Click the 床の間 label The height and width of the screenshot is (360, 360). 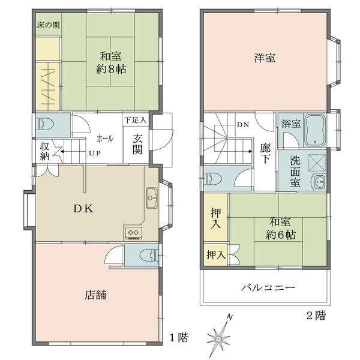click(x=48, y=25)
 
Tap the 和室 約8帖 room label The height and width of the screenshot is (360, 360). click(x=111, y=62)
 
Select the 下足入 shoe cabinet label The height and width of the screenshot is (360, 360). click(x=136, y=120)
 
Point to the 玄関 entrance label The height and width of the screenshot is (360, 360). click(x=137, y=144)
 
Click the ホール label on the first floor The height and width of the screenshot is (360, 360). click(x=105, y=139)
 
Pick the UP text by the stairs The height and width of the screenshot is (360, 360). click(x=95, y=153)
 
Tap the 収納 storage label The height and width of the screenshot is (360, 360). click(x=45, y=151)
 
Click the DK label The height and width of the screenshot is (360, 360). click(x=83, y=208)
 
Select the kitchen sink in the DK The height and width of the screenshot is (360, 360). click(x=152, y=198)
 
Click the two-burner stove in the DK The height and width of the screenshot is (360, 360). click(x=133, y=232)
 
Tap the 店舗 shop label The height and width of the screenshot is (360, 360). click(x=95, y=295)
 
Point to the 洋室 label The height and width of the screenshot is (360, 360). click(x=265, y=58)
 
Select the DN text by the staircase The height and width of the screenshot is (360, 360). click(x=243, y=125)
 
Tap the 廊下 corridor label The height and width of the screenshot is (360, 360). click(x=265, y=154)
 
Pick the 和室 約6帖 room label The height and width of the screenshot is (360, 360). click(x=281, y=228)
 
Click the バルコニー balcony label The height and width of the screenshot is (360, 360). click(x=268, y=287)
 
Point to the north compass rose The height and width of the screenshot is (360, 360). click(x=219, y=337)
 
